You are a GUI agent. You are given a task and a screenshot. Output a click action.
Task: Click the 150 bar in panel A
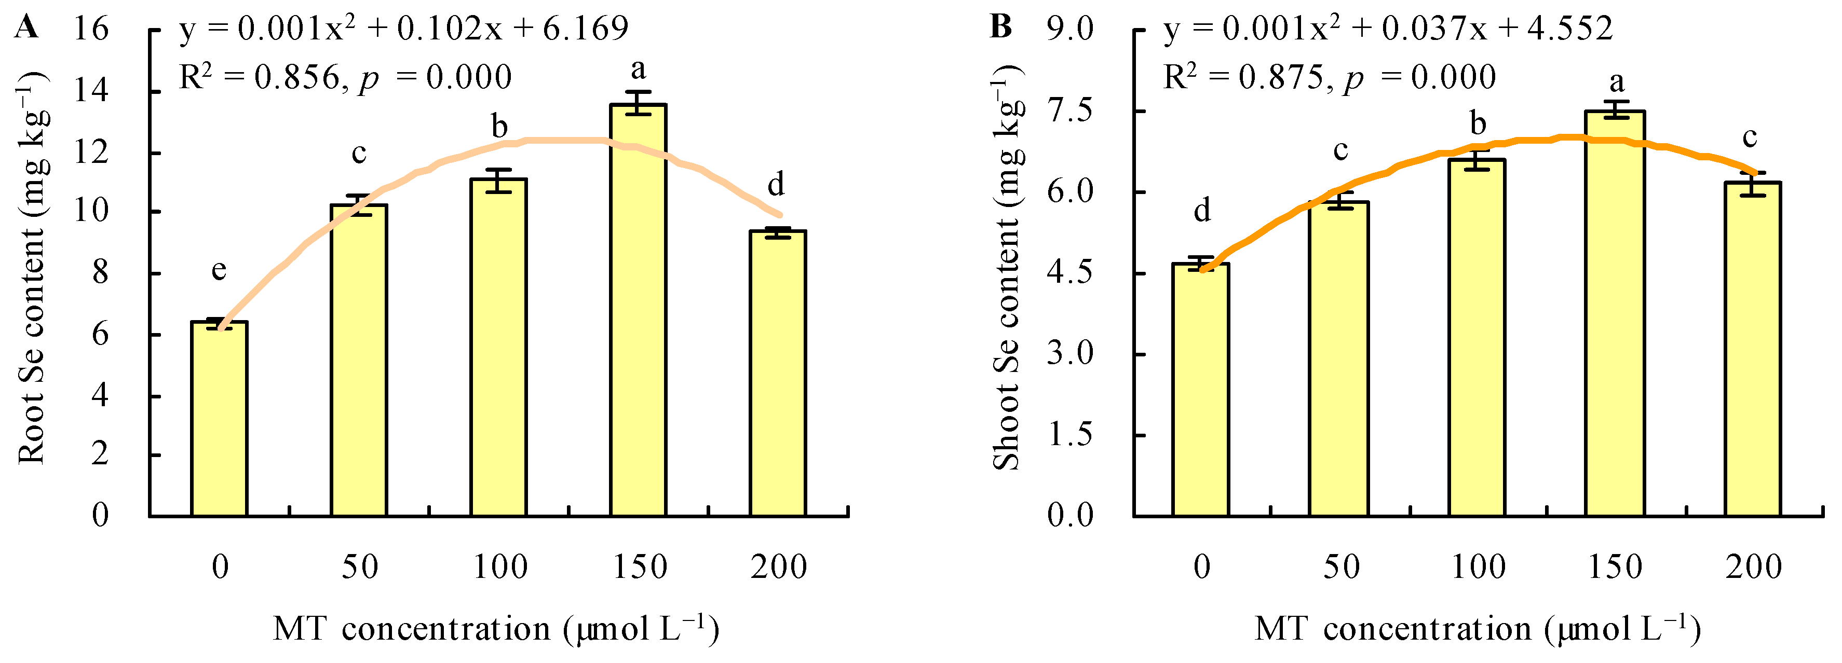pyautogui.click(x=638, y=311)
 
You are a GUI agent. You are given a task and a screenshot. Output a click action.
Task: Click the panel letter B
pyautogui.click(x=1000, y=27)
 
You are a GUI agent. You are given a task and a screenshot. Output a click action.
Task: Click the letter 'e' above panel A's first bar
pyautogui.click(x=219, y=270)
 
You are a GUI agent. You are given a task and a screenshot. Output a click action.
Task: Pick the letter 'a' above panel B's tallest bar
pyautogui.click(x=1616, y=81)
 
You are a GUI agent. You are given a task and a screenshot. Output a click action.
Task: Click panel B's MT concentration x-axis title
pyautogui.click(x=1478, y=629)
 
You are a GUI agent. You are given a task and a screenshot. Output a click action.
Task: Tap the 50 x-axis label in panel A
pyautogui.click(x=359, y=567)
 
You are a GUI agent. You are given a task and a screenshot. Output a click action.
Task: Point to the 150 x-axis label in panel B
pyautogui.click(x=1615, y=567)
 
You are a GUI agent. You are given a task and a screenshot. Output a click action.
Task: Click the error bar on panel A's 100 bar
pyautogui.click(x=498, y=180)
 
